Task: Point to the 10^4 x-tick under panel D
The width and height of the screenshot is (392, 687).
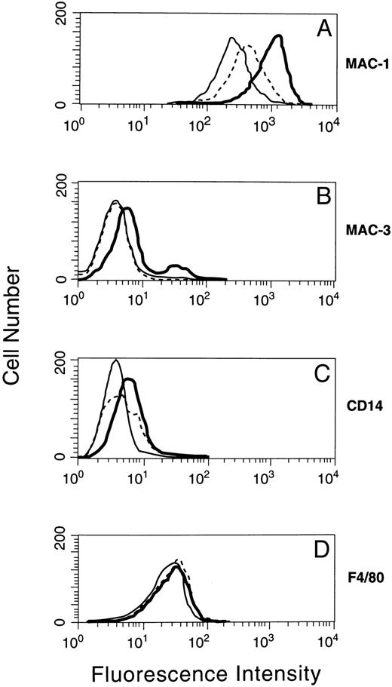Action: click(x=329, y=643)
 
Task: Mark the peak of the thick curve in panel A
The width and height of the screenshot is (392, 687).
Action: click(x=279, y=35)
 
